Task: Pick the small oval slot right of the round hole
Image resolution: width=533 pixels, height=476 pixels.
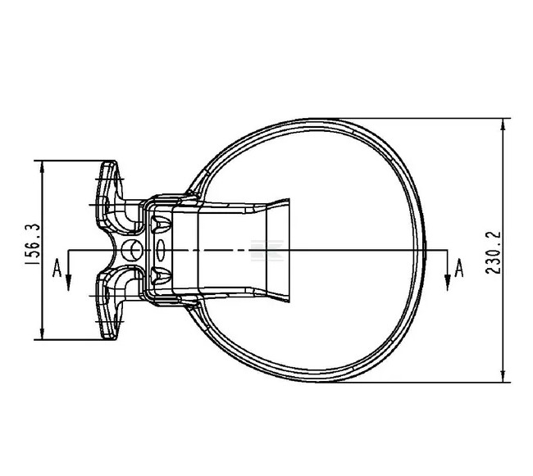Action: point(160,248)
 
